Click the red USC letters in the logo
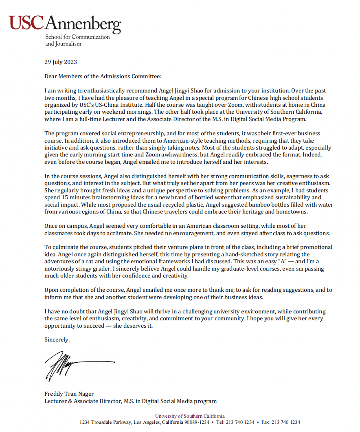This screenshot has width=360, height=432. (26, 23)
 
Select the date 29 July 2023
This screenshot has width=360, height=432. (61, 62)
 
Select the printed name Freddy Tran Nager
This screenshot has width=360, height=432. (69, 394)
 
